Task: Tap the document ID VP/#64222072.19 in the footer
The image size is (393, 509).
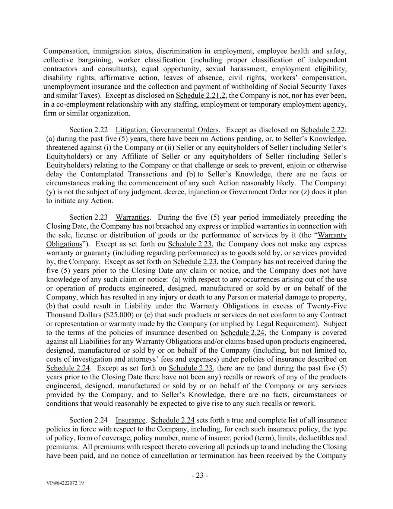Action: [x=65, y=483]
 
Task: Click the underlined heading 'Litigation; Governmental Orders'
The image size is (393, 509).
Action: [x=167, y=130]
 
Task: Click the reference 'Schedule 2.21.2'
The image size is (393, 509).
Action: [x=201, y=95]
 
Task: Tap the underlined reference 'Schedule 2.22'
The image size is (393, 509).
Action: [x=323, y=130]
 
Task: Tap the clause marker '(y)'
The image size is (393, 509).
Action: [x=51, y=192]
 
